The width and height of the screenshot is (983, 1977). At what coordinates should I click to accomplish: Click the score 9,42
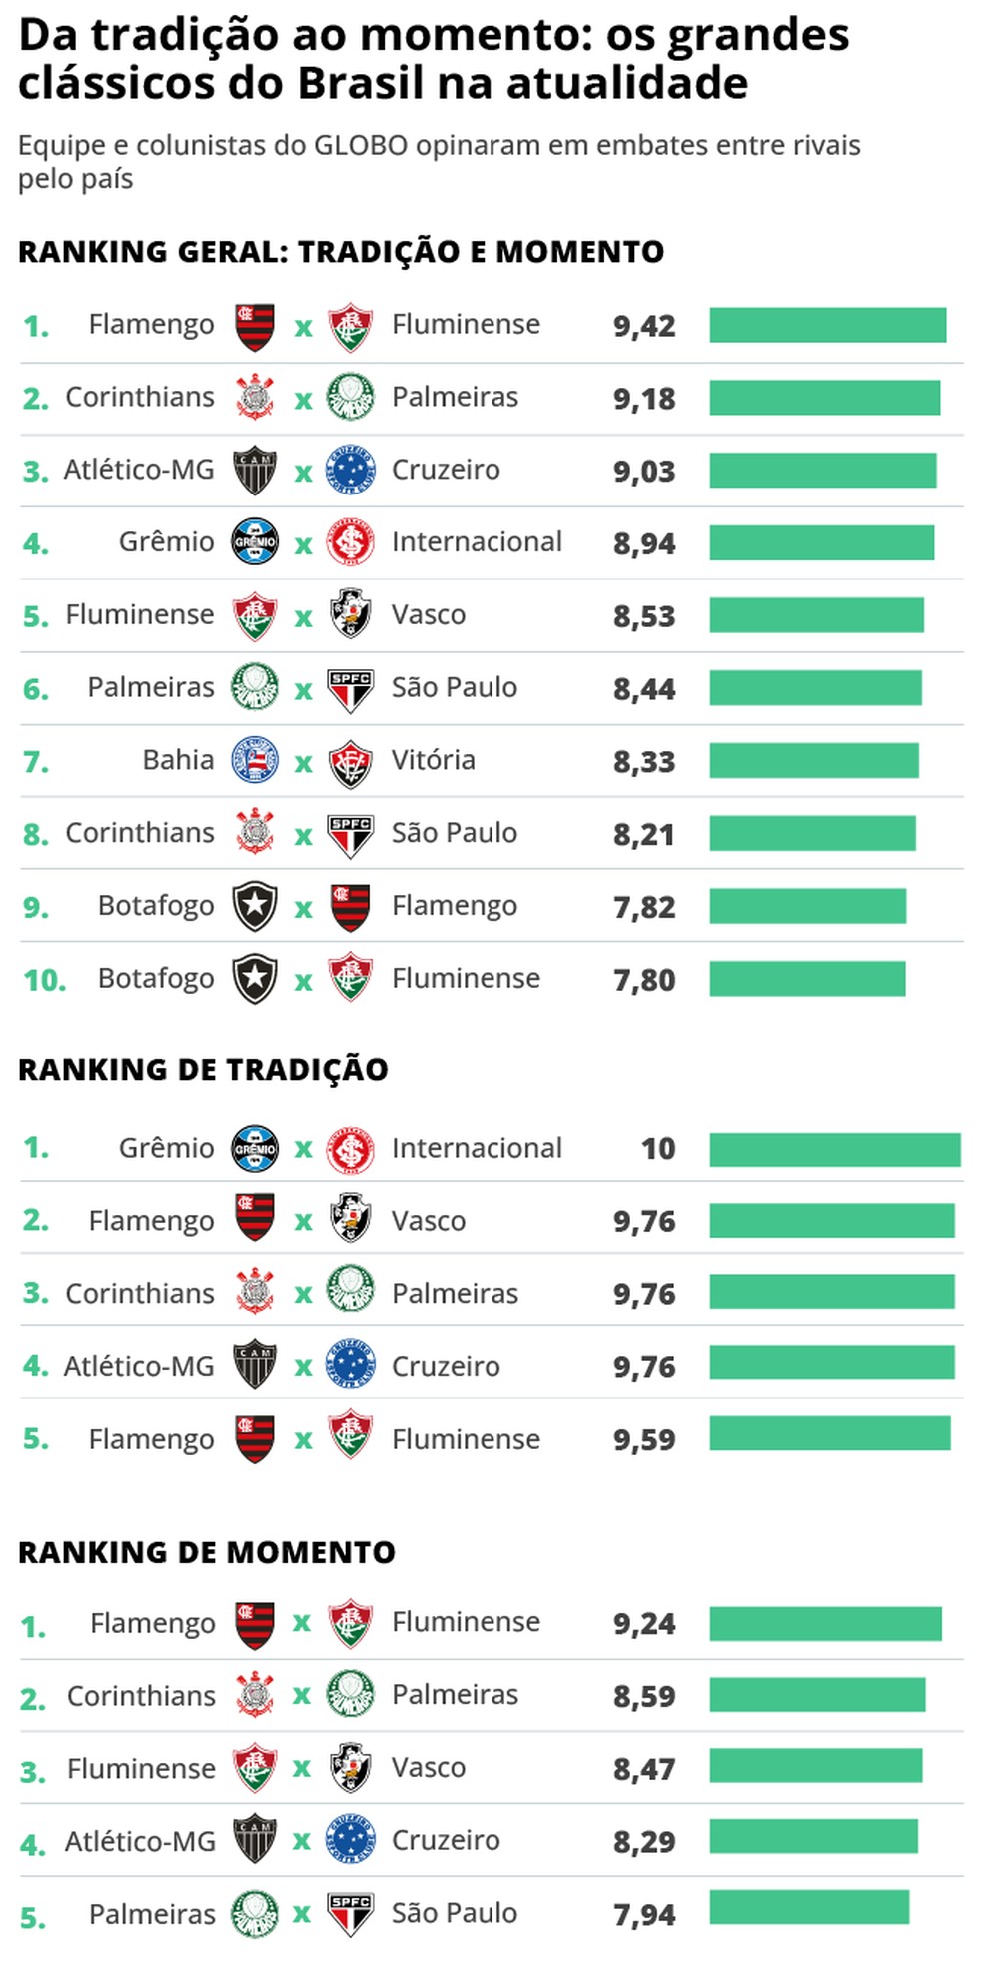click(x=644, y=326)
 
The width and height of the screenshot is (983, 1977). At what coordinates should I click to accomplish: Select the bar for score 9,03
click(x=822, y=471)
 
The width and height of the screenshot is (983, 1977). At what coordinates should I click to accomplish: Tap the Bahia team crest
click(x=254, y=760)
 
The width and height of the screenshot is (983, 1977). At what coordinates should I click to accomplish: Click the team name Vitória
click(x=433, y=760)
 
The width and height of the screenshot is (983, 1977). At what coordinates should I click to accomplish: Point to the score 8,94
click(x=644, y=543)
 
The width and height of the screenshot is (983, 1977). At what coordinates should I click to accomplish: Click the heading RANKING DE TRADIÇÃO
click(x=203, y=1069)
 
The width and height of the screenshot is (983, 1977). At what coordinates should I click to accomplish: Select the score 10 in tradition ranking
click(x=658, y=1148)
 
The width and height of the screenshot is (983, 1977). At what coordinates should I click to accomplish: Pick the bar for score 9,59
click(x=829, y=1433)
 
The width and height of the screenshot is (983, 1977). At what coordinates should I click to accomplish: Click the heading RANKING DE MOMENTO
click(x=207, y=1552)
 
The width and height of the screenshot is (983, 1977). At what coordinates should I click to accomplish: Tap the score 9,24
click(x=644, y=1623)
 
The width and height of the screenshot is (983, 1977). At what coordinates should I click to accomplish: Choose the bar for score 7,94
click(x=809, y=1907)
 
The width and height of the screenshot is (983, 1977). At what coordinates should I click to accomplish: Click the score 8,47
click(x=644, y=1769)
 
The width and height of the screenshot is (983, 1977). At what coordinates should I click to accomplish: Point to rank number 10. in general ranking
click(x=44, y=980)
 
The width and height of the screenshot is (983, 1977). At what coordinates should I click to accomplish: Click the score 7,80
click(x=644, y=980)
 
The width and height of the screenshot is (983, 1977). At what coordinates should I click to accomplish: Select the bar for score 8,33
click(x=813, y=760)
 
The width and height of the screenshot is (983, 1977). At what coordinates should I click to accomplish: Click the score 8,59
click(x=644, y=1696)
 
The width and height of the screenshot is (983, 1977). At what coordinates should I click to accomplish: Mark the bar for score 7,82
click(x=807, y=906)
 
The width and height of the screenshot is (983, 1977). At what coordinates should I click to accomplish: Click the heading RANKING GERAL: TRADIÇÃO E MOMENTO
click(x=341, y=252)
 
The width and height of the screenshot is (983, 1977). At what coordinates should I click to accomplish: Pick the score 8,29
click(x=644, y=1841)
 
